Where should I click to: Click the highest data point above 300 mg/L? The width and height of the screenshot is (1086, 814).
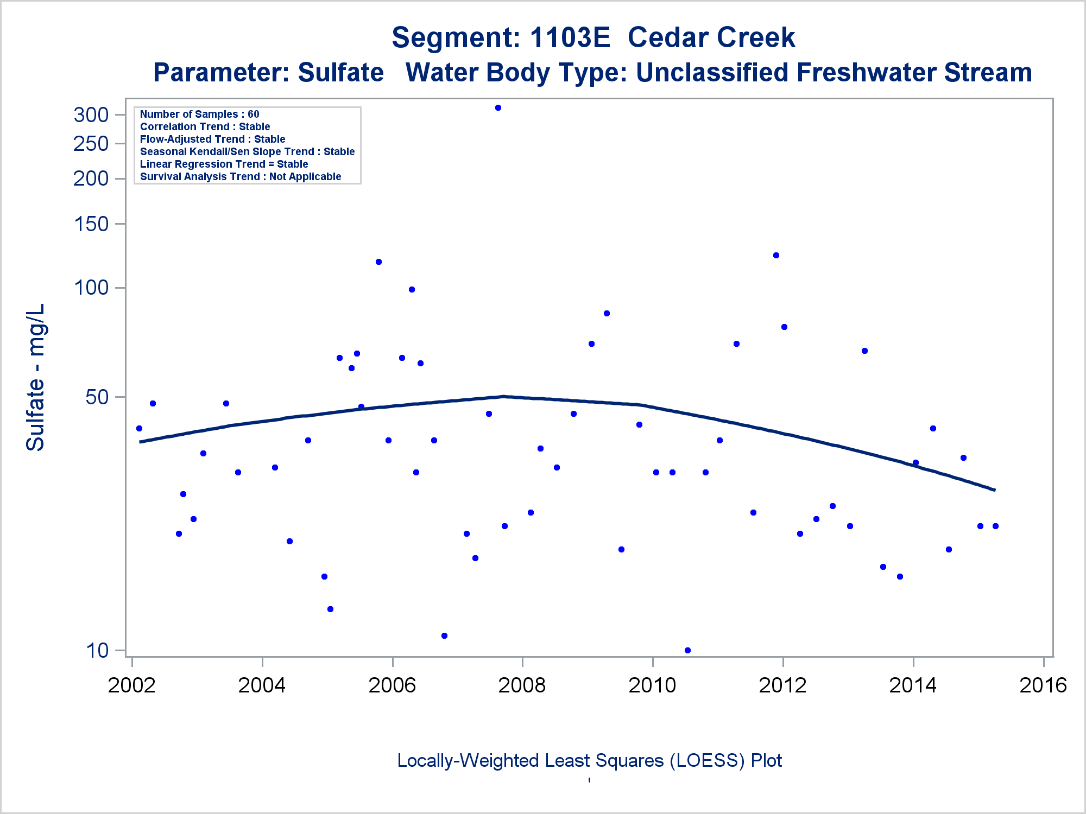(498, 107)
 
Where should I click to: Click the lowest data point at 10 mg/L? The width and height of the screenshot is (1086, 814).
(687, 650)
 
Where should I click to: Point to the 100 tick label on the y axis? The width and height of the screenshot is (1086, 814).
(91, 287)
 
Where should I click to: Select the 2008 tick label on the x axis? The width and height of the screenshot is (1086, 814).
(522, 685)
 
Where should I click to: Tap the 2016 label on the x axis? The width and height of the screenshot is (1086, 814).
(1043, 685)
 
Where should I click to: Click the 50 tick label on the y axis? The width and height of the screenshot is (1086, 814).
(97, 397)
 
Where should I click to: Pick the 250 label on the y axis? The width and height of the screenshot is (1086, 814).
(91, 144)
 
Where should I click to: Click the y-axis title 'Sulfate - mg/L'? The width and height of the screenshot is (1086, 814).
(36, 377)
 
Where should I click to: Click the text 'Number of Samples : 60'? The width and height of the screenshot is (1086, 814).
(199, 114)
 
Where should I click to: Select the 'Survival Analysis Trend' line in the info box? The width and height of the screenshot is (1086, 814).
(241, 176)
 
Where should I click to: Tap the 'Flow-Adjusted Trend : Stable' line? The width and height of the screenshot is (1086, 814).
(212, 139)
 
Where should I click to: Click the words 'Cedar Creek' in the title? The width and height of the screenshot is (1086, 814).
(711, 37)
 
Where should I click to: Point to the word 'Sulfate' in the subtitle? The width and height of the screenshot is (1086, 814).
(340, 72)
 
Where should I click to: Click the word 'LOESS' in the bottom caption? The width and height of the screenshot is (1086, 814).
(706, 760)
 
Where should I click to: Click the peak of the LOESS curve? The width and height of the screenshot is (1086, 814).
(504, 396)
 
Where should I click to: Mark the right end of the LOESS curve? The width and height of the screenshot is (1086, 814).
(994, 490)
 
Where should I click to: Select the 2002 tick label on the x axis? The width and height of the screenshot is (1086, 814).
(132, 685)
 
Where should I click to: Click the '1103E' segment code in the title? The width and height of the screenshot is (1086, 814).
(570, 37)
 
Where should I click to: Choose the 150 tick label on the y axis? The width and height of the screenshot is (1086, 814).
(91, 224)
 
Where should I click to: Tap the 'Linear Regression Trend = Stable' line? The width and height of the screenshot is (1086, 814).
(224, 164)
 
